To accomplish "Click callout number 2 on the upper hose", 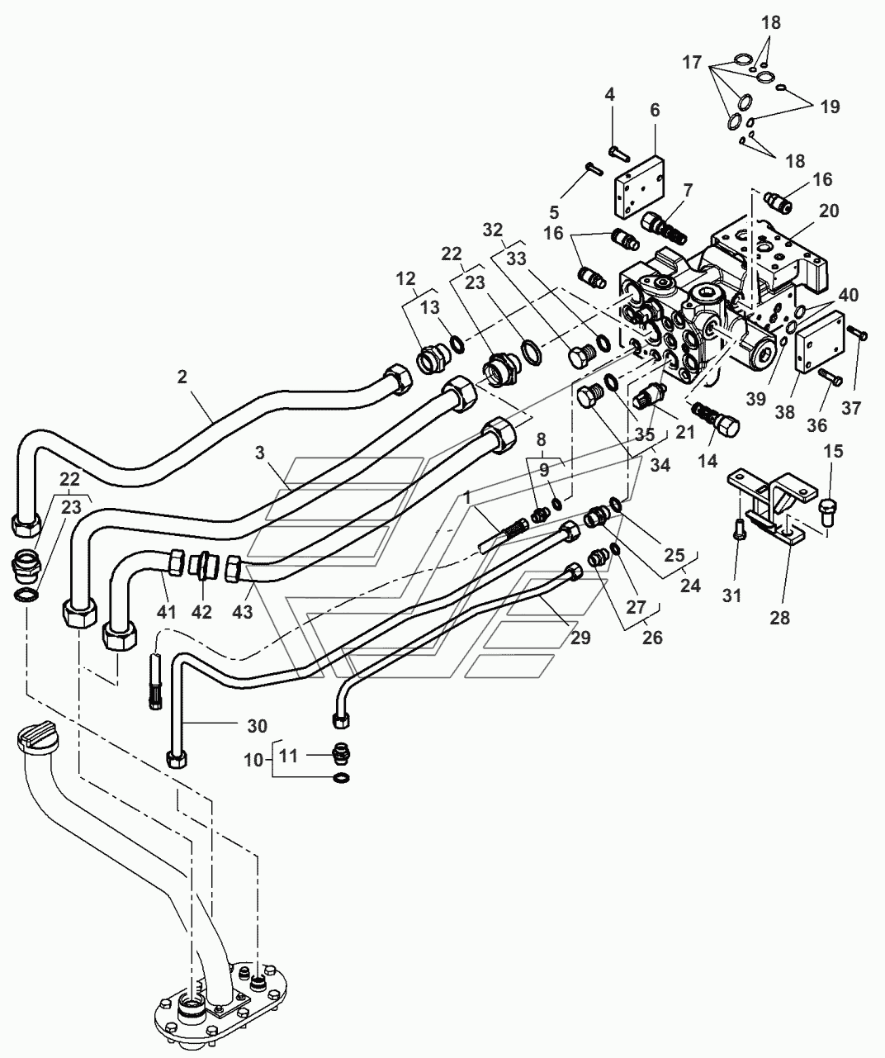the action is pos(182,377).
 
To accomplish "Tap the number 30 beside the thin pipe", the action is pos(257,726).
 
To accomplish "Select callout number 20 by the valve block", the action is pos(829,211).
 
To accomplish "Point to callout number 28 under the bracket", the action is pos(779,618).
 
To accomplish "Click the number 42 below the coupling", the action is pos(201,612).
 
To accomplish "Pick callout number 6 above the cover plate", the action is pos(655,110).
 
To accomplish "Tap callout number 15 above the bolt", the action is pos(834,451).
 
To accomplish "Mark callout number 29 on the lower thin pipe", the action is pos(580,638).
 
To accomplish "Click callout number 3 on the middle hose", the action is pos(260,453).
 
